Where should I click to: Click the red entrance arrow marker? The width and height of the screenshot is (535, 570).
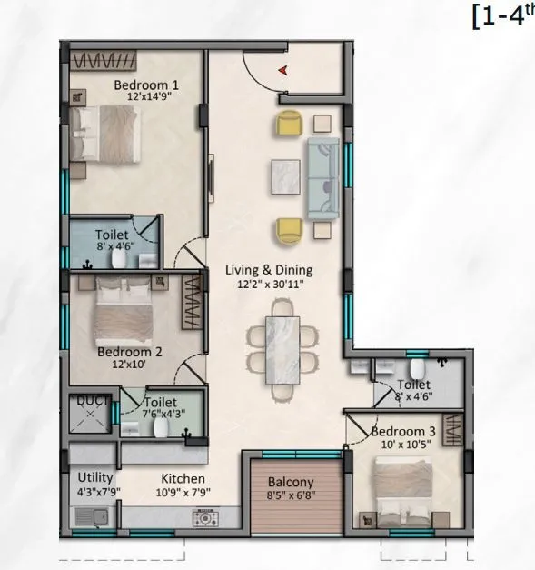[x=284, y=69]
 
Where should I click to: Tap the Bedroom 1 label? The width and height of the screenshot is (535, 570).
[x=145, y=85]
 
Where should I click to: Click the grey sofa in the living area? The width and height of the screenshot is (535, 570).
[x=322, y=179]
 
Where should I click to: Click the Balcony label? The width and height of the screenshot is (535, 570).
[x=291, y=482]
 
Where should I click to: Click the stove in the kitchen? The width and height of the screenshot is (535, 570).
[x=204, y=518]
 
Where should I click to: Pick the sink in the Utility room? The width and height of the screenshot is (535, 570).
[x=90, y=517]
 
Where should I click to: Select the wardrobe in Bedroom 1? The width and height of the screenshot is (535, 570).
[x=105, y=61]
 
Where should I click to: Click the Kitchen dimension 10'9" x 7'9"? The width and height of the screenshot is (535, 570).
[x=183, y=492]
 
